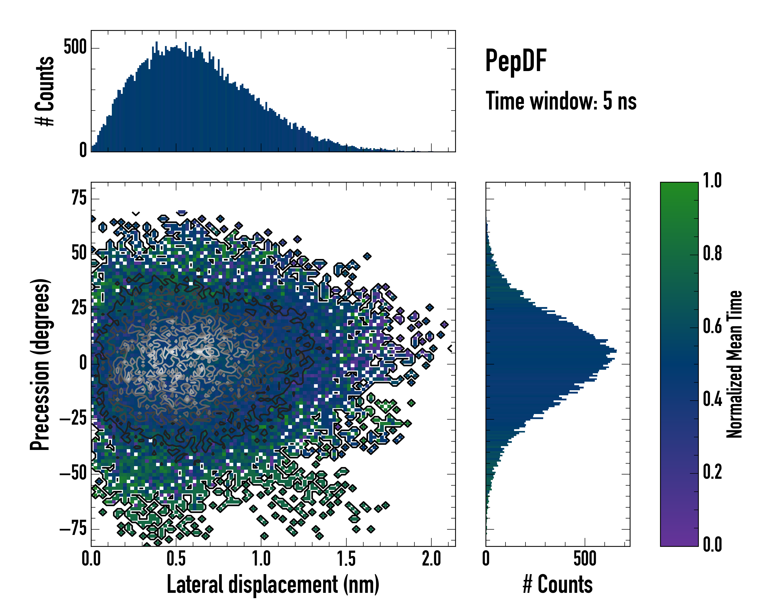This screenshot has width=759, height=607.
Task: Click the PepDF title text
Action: (x=515, y=61)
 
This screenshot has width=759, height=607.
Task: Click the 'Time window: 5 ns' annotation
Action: (x=561, y=101)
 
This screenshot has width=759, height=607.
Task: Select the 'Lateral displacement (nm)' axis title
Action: (x=273, y=584)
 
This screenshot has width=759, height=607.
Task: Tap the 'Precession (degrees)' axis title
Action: (x=40, y=364)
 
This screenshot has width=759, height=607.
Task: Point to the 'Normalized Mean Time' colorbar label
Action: (x=734, y=364)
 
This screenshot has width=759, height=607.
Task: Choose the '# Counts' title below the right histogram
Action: (x=558, y=584)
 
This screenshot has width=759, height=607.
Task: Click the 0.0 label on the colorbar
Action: (x=712, y=545)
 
